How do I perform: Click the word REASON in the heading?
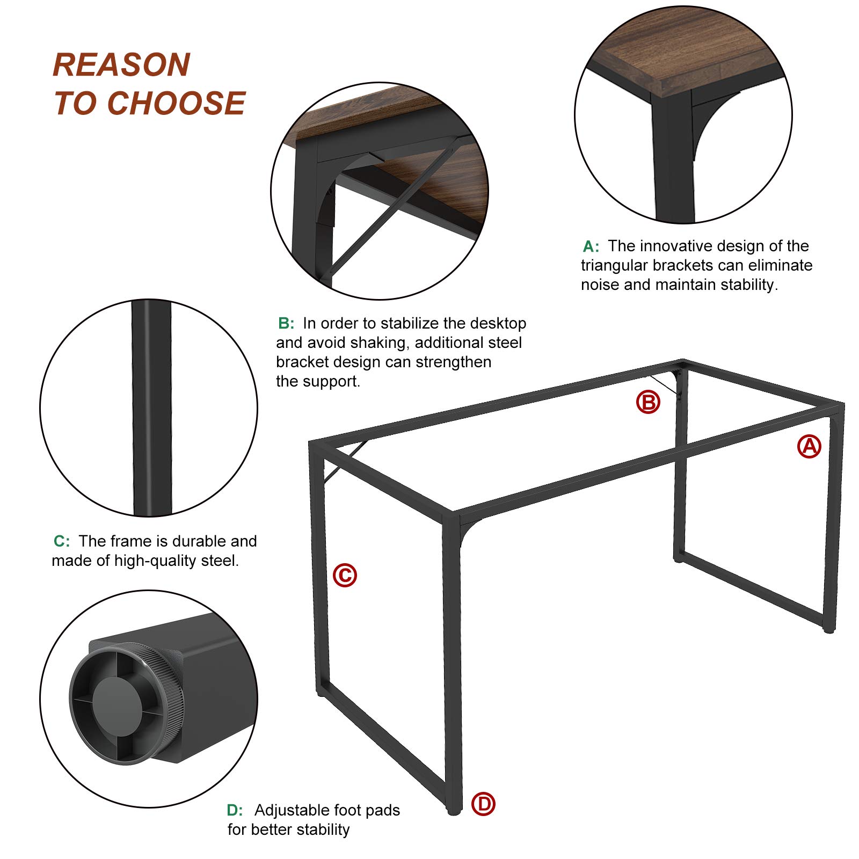(x=122, y=65)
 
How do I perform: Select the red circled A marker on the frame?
(x=809, y=446)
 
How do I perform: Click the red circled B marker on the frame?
(x=648, y=402)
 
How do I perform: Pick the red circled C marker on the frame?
(x=345, y=574)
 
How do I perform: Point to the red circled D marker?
(x=483, y=804)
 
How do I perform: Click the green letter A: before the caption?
(x=591, y=246)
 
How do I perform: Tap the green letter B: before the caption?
(x=286, y=323)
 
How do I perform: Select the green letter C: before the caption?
(x=62, y=541)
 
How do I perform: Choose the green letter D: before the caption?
(x=235, y=810)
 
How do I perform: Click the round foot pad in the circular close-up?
(x=127, y=703)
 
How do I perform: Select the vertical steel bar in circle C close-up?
(x=152, y=408)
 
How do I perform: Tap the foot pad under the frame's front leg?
(x=454, y=811)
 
